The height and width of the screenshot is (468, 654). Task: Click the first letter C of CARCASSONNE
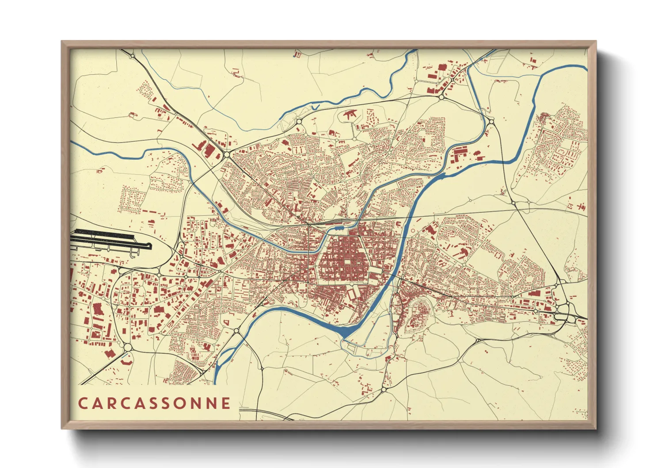(x=83, y=403)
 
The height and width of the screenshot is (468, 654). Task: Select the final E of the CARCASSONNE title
(x=226, y=403)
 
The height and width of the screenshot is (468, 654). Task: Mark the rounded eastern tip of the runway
(x=150, y=246)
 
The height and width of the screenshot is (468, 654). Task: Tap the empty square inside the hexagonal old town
(x=347, y=262)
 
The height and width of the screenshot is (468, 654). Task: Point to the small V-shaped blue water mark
(x=315, y=107)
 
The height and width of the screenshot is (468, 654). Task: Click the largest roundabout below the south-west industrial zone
(x=128, y=348)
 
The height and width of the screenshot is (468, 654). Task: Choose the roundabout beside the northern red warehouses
(x=441, y=97)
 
